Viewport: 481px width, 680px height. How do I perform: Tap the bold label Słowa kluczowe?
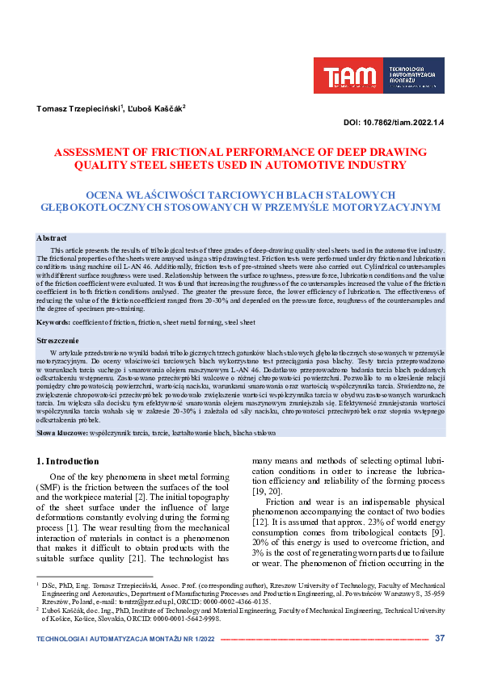click(67, 434)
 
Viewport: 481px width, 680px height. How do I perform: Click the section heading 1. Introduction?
click(69, 461)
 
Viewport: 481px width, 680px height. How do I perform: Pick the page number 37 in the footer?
click(440, 638)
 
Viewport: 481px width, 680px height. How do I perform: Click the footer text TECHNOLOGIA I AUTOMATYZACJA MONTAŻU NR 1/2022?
click(125, 639)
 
